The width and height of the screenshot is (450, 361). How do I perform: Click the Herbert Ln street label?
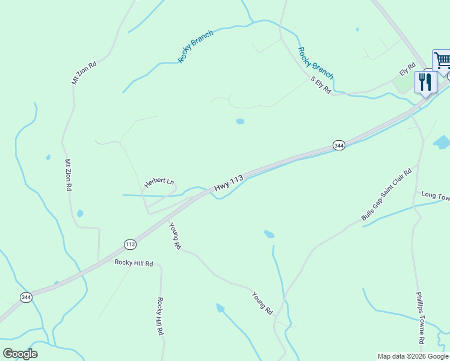pos(159,182)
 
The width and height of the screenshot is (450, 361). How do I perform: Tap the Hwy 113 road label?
pos(229,184)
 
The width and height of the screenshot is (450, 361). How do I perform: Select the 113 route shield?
pos(131,244)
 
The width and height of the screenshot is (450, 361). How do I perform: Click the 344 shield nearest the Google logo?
pos(26,297)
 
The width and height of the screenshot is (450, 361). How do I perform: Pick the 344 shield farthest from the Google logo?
pos(339,146)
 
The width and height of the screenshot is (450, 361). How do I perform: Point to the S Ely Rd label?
pos(321,85)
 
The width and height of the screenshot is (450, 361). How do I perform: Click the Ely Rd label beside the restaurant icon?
pos(407,69)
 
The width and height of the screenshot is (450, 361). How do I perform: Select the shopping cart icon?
pos(442,60)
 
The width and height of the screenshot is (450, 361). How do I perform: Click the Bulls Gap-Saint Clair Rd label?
pos(386,194)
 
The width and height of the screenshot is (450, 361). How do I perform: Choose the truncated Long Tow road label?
pos(435,196)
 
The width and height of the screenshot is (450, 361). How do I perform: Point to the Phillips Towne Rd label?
pos(421,318)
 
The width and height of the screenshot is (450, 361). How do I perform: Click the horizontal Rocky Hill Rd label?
pos(134,264)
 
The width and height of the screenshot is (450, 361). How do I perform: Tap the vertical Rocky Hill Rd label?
pos(161,316)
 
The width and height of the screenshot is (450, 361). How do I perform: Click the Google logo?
pos(20,354)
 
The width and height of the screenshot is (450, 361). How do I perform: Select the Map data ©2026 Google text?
pos(413,356)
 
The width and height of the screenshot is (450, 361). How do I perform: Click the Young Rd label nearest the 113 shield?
pos(175,236)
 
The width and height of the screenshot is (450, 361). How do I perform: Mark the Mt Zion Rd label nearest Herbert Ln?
pos(68,175)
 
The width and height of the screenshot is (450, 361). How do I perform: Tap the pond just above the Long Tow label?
pos(442,143)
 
